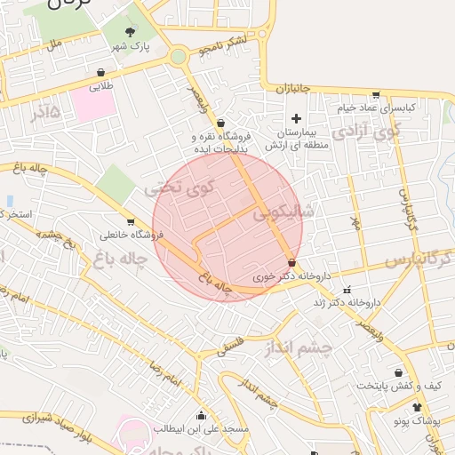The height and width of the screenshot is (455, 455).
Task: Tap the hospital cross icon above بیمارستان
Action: click(x=297, y=118)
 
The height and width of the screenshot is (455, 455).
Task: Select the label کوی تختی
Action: click(x=180, y=188)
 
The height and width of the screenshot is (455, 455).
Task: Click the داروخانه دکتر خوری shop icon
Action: click(x=293, y=262)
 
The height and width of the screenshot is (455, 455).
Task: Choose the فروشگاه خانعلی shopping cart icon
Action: click(x=132, y=222)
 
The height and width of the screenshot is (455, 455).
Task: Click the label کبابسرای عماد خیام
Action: click(x=376, y=108)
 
